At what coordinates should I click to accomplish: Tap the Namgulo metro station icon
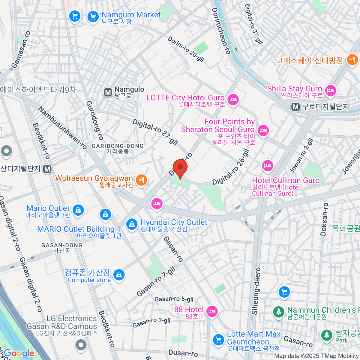pos(108,92)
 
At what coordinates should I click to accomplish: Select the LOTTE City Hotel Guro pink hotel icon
pos(233,99)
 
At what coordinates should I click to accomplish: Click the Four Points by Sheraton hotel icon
pos(263,130)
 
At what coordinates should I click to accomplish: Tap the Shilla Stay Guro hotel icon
pos(331,90)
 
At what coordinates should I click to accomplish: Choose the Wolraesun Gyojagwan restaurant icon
pos(141,180)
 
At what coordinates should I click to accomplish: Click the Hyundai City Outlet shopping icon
pos(131,224)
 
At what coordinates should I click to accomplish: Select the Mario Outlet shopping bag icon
pos(78,210)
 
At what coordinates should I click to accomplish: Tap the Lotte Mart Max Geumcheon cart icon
pos(218,340)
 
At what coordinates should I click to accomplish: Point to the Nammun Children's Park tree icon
pos(279,312)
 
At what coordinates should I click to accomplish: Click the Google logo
pos(19,353)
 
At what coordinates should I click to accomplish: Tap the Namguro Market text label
pos(131,15)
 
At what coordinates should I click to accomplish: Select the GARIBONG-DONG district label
pos(118,146)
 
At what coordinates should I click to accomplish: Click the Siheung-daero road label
pos(255,291)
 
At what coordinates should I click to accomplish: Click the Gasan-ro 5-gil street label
pos(174,299)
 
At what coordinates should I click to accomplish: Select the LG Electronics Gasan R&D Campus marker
pos(81,345)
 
